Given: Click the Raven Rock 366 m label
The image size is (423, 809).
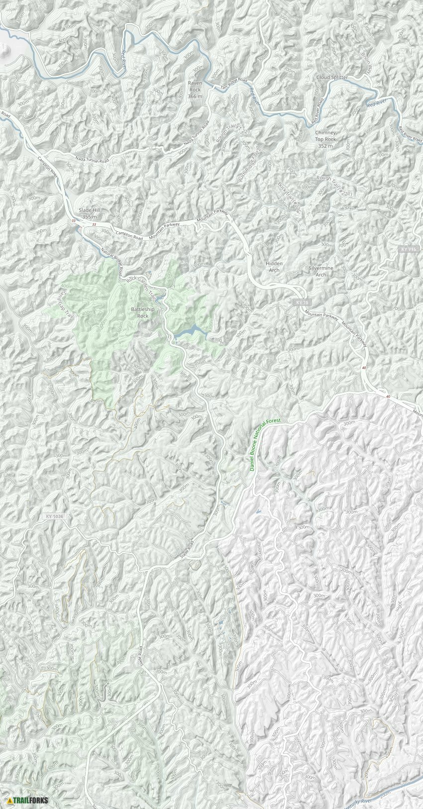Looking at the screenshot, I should tap(195, 90).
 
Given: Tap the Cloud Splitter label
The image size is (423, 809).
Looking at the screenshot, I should tap(332, 78).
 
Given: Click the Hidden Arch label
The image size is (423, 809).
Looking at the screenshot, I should tap(274, 266).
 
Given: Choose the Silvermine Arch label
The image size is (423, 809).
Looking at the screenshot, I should tap(321, 271).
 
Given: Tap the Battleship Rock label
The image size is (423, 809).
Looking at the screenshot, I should tap(142, 312).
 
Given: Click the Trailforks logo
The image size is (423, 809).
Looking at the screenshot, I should tap(28, 800).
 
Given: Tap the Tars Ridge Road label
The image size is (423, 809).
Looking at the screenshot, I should tap(234, 84).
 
